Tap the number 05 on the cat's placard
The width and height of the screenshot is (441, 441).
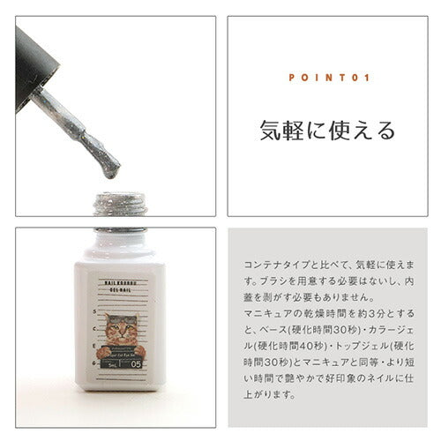(136, 361)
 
